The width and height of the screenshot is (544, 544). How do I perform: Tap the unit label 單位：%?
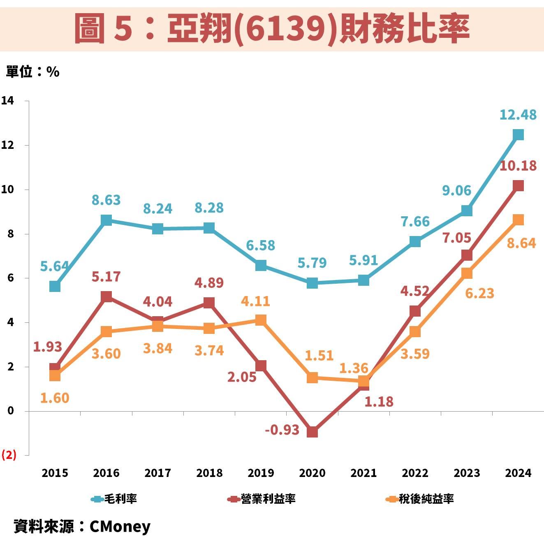pos(33,72)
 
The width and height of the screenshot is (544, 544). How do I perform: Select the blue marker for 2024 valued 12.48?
pos(518,134)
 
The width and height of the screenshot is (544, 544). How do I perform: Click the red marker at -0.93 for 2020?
pos(312,432)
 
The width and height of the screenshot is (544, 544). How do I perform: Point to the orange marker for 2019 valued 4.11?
pos(261,320)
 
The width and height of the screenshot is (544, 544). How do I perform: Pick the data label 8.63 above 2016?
pos(106,200)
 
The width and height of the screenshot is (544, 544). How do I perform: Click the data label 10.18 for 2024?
pos(518,166)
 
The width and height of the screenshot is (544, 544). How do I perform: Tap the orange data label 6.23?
pos(479,293)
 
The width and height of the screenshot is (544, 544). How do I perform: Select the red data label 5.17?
pos(106,277)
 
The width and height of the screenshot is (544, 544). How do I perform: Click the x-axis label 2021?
pos(363,473)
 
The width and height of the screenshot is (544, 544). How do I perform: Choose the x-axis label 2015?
pos(55,473)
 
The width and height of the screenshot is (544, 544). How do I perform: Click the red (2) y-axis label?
pos(9,455)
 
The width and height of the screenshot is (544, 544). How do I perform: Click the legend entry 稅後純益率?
pos(426,499)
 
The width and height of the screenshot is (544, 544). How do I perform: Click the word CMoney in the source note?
pos(120,526)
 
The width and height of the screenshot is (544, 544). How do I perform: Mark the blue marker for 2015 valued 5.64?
pos(55,286)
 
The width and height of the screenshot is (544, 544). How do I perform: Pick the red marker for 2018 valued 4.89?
pos(209,303)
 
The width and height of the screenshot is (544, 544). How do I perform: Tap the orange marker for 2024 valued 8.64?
pos(518,220)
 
